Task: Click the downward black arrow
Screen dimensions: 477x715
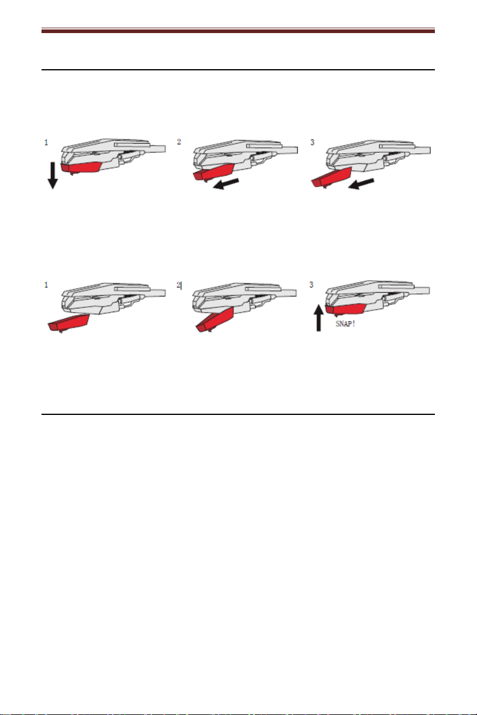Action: pos(53,175)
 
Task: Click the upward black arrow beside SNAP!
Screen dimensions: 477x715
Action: pos(319,318)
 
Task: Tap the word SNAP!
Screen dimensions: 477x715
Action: pos(345,324)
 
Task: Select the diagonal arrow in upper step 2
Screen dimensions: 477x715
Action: pos(226,184)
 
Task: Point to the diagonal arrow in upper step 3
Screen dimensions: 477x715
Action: pos(361,184)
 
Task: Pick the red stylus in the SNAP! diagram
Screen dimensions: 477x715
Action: pos(346,310)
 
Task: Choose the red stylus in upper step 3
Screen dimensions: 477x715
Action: pos(331,177)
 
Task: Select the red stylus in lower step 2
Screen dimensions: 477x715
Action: pos(215,319)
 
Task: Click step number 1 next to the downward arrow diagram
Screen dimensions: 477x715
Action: pos(46,143)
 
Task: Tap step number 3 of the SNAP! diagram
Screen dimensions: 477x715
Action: pos(312,284)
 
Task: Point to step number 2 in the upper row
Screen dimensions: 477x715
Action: pos(179,142)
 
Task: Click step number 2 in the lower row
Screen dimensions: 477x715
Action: pos(179,285)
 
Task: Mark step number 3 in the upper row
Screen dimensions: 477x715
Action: pos(312,143)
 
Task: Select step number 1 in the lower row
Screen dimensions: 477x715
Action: pos(46,285)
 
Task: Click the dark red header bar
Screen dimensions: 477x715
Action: pos(238,31)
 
